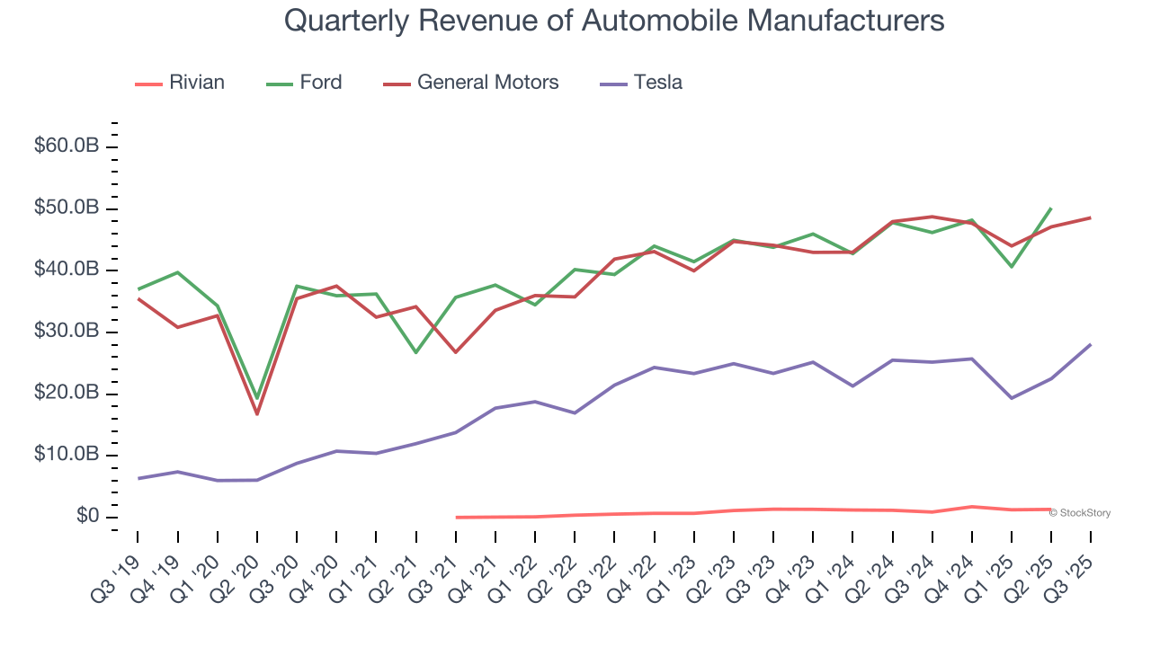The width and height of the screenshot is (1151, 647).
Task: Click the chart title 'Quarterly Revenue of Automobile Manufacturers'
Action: pyautogui.click(x=614, y=20)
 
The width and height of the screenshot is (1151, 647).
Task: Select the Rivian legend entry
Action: pyautogui.click(x=180, y=83)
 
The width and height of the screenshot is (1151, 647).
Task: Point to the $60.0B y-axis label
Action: pyautogui.click(x=66, y=146)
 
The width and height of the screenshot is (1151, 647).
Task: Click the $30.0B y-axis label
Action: pyautogui.click(x=66, y=332)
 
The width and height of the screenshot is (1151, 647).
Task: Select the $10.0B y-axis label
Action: pyautogui.click(x=66, y=455)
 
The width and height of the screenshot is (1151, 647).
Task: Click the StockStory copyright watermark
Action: pyautogui.click(x=1080, y=513)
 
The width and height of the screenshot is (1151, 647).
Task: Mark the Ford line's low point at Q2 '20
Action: pyautogui.click(x=257, y=398)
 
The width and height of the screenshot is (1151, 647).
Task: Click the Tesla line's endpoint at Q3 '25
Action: pyautogui.click(x=1091, y=344)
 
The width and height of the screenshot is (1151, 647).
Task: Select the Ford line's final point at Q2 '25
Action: pyautogui.click(x=1051, y=208)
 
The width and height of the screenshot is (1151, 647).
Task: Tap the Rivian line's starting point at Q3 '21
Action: pyautogui.click(x=456, y=517)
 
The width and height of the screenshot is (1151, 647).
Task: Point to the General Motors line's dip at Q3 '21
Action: pyautogui.click(x=456, y=352)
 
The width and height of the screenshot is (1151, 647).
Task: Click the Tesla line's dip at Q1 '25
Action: pyautogui.click(x=1012, y=398)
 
